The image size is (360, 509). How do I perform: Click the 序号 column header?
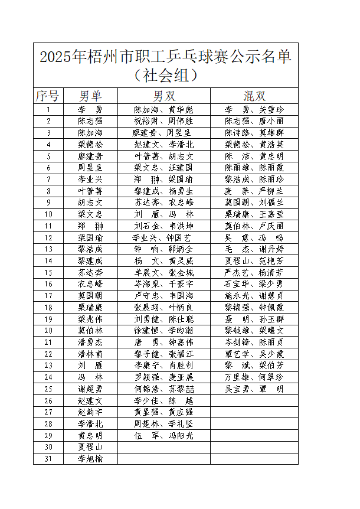[x=47, y=96]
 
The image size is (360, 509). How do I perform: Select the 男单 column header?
[x=90, y=96]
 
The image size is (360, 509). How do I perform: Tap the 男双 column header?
[x=164, y=96]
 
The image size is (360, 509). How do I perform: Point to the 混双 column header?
[x=254, y=96]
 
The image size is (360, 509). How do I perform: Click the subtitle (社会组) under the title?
[x=165, y=76]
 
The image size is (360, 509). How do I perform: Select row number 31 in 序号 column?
[x=48, y=458]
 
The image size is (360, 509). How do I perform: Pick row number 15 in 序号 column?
[x=48, y=272]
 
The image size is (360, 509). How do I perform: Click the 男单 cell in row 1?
[x=90, y=110]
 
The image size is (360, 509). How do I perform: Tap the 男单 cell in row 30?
[x=90, y=447]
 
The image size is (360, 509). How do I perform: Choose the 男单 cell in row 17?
[x=90, y=296]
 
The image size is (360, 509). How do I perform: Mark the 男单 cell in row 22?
[x=90, y=354]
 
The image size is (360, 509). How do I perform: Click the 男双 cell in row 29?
[x=164, y=435]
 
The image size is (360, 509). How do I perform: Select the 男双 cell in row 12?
[x=164, y=237]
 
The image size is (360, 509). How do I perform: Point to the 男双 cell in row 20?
[x=164, y=331]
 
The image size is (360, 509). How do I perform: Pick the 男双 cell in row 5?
[x=164, y=156]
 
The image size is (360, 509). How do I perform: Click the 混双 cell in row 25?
[x=254, y=389]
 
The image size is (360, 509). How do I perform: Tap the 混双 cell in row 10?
[x=254, y=214]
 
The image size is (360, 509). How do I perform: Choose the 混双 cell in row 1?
[x=254, y=110]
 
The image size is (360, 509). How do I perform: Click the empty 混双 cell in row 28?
[x=254, y=423]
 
